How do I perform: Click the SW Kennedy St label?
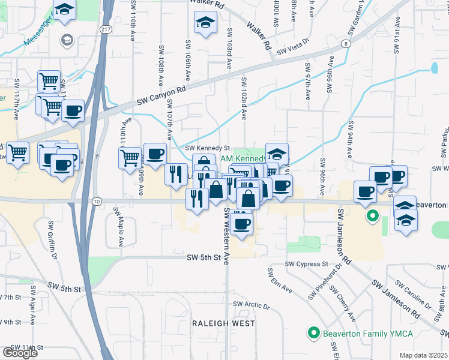208,148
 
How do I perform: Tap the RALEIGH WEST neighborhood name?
223,323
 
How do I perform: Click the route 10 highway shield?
97,201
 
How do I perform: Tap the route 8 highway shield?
346,44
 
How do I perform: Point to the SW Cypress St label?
306,264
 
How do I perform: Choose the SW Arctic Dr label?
248,305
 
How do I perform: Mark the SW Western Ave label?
227,236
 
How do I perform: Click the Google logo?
20,353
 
